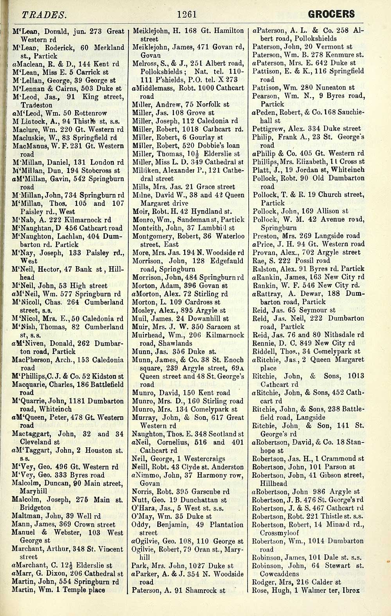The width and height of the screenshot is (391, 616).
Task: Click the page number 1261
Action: point(186,15)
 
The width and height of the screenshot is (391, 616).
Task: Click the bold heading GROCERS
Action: point(332,15)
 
